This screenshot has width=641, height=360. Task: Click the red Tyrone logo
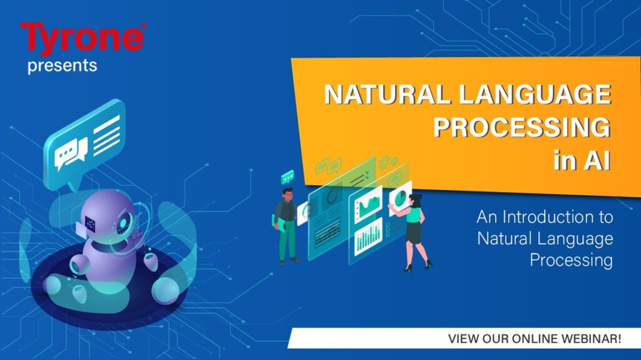coord(83,38)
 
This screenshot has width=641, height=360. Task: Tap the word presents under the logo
coord(62,66)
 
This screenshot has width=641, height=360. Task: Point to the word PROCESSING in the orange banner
coord(522,127)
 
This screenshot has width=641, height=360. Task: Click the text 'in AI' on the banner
coord(582,160)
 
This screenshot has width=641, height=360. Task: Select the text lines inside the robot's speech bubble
coord(106,135)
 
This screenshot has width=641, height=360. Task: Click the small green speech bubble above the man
coord(288,177)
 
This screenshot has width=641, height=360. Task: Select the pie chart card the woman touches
coord(400,198)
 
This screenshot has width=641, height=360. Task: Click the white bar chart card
coord(368,237)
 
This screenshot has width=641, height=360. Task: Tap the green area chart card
coord(368,205)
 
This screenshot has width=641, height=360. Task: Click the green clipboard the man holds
coord(279,224)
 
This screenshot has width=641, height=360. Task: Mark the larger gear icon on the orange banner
coord(384,162)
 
